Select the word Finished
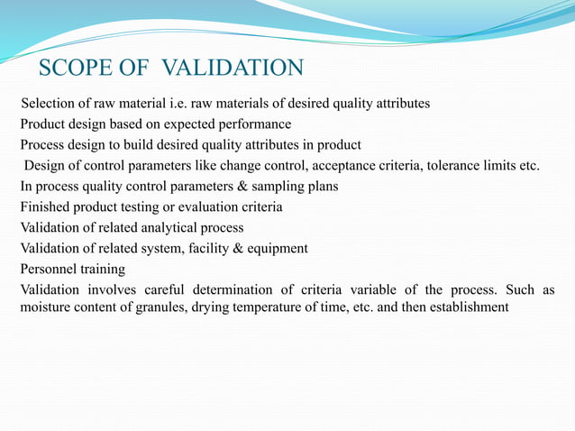pyautogui.click(x=47, y=207)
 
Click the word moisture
pyautogui.click(x=47, y=307)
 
